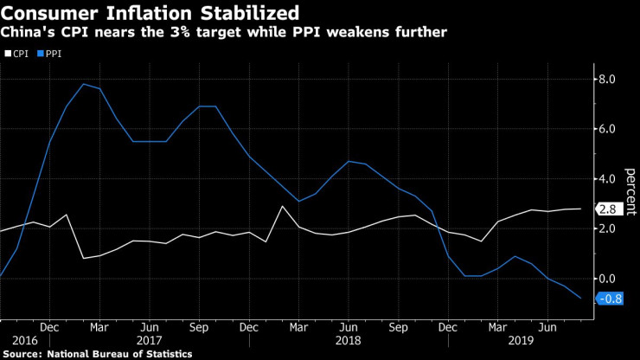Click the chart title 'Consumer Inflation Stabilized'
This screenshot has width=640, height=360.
point(150,13)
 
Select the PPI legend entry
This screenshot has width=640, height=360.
point(50,53)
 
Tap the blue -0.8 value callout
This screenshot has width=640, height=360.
point(610,299)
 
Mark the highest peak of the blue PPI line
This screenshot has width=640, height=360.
point(83,84)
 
